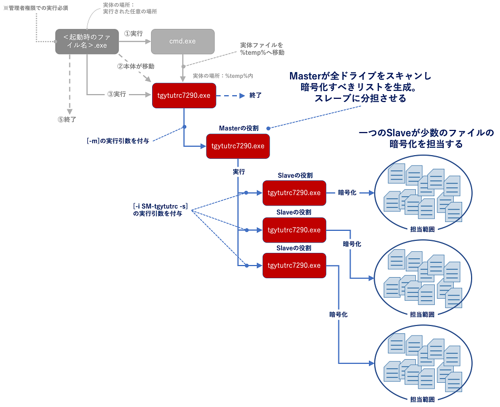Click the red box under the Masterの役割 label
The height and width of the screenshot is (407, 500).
pos(237,146)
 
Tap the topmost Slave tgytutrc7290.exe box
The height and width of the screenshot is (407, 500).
pos(294,193)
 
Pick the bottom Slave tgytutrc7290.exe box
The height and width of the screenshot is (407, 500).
pos(294,266)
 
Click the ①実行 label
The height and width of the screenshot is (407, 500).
pos(133,33)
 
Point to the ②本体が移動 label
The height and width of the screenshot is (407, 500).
pos(136,67)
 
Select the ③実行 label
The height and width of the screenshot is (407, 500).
pos(116,94)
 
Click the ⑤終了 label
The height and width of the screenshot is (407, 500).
pos(67,119)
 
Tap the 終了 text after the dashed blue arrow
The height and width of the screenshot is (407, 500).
pos(255,96)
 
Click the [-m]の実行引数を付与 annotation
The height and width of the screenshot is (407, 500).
pos(121,141)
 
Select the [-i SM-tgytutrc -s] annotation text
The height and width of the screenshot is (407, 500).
pos(161,206)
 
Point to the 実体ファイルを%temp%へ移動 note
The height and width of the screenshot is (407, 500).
pos(262,49)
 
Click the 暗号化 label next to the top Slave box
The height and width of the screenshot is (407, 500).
pos(347,193)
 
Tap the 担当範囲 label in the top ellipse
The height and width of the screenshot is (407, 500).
pos(422,229)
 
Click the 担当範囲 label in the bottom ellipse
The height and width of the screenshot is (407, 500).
pos(422,399)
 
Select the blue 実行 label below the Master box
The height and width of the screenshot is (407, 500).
pos(238,171)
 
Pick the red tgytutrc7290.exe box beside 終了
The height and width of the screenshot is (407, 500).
pos(184,96)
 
